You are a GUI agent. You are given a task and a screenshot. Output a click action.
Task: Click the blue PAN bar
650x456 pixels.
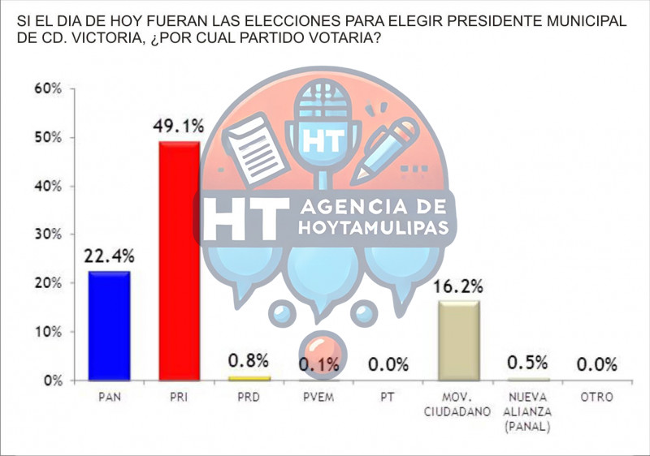point(110,326)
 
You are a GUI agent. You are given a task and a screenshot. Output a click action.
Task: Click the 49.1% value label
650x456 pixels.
point(179,127)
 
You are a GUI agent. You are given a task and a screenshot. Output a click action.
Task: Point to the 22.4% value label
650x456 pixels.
point(110,257)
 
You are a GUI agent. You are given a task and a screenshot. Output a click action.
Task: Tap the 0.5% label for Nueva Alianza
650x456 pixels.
point(527,364)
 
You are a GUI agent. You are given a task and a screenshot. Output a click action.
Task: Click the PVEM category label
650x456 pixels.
point(317,398)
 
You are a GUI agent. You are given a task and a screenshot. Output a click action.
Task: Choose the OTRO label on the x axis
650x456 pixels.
point(596,398)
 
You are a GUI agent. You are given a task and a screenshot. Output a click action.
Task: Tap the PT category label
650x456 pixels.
point(388,398)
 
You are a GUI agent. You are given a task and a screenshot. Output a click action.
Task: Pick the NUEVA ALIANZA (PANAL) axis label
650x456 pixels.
point(527,412)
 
